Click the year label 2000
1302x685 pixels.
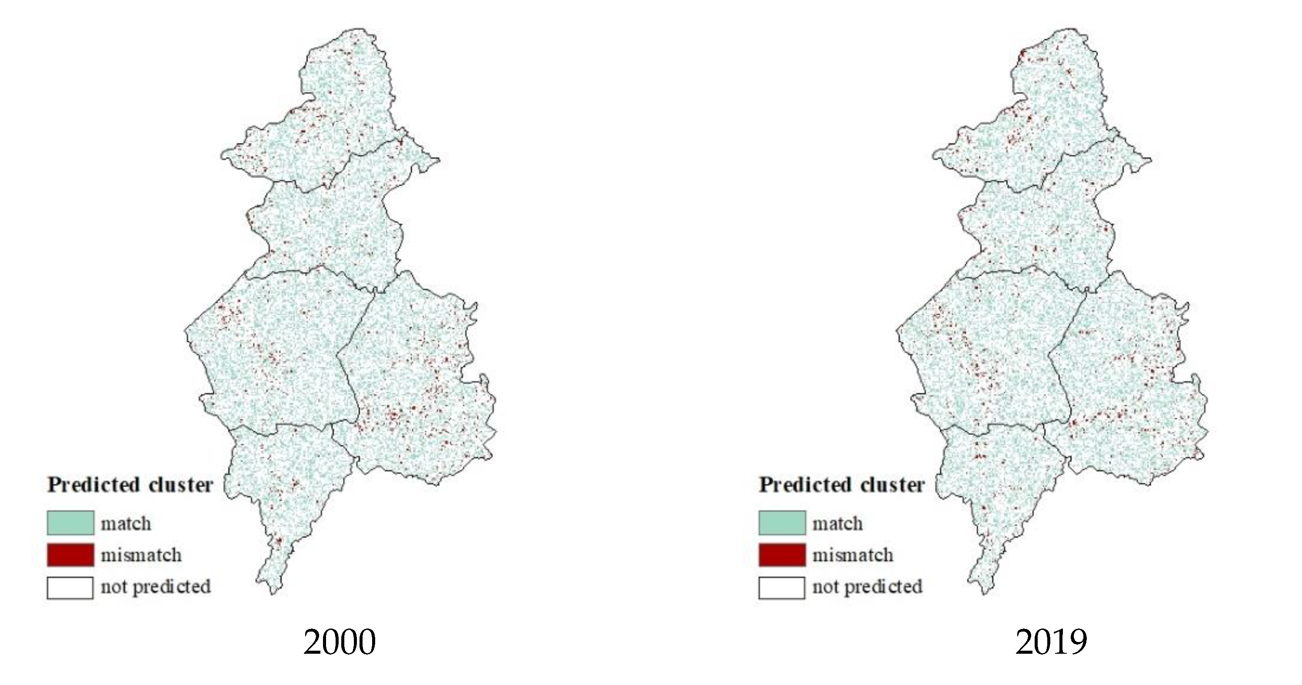pyautogui.click(x=339, y=642)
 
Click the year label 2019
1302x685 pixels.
pyautogui.click(x=1051, y=642)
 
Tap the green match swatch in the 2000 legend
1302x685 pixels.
pyautogui.click(x=70, y=523)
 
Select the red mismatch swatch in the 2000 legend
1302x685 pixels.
pyautogui.click(x=70, y=555)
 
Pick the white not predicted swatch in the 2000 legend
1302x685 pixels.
pyautogui.click(x=70, y=588)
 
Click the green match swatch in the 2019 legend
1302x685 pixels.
pyautogui.click(x=782, y=523)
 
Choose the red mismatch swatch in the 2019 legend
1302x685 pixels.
pyautogui.click(x=782, y=555)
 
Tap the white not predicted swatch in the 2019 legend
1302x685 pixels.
pyautogui.click(x=782, y=588)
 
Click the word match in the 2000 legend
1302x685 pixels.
pyautogui.click(x=126, y=524)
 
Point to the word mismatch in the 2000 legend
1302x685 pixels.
pyautogui.click(x=141, y=555)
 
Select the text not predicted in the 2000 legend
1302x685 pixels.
pyautogui.click(x=156, y=587)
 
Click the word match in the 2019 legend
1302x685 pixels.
pyautogui.click(x=838, y=524)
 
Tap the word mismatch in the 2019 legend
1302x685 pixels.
pyautogui.click(x=852, y=555)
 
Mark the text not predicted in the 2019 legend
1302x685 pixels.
pyautogui.click(x=867, y=587)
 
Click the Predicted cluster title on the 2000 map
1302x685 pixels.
pyautogui.click(x=130, y=485)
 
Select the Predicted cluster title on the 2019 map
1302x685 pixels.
pyautogui.click(x=842, y=485)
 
